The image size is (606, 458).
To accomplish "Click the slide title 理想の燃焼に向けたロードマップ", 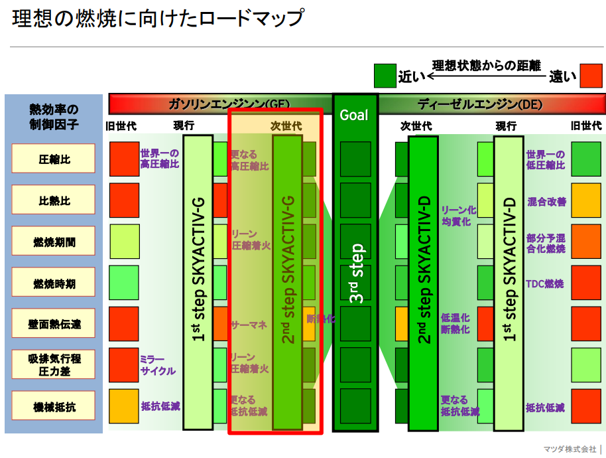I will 157,19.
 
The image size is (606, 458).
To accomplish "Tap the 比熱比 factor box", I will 54,200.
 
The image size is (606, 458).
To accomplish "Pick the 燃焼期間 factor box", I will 54,242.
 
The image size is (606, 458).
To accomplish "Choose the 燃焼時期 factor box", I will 54,283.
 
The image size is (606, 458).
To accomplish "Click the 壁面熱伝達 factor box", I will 54,325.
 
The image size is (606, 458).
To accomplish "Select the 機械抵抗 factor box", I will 54,406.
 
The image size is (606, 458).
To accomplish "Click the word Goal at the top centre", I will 354,115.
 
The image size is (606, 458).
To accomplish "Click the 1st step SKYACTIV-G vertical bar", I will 198,282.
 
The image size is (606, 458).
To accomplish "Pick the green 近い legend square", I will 385,75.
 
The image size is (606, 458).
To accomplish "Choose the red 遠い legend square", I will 590,75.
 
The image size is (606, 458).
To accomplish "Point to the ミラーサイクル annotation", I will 158,365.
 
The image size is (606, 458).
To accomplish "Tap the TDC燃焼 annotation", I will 546,283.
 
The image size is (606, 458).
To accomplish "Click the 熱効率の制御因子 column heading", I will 54,116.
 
